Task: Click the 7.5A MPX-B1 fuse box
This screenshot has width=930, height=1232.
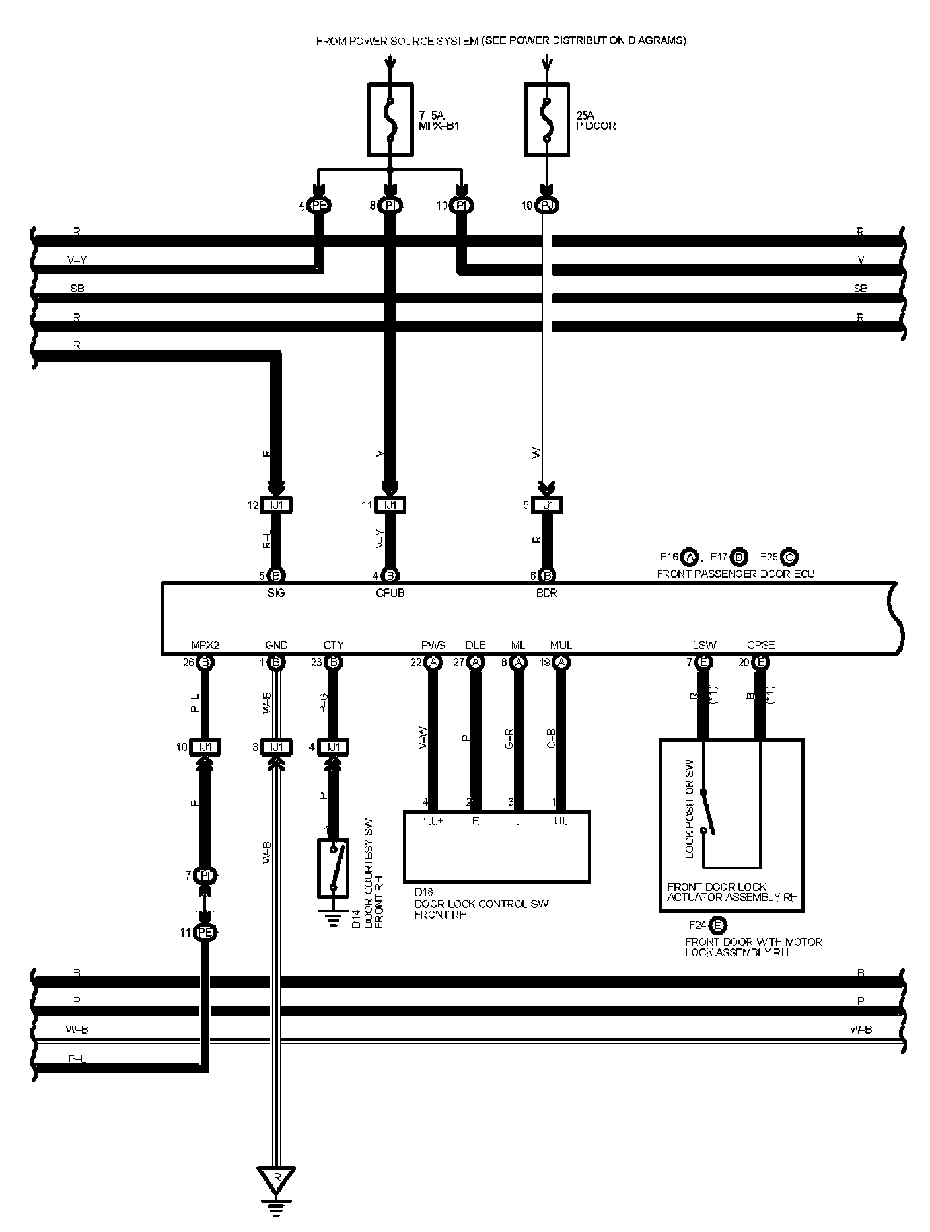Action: (390, 119)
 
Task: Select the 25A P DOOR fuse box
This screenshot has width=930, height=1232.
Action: (546, 119)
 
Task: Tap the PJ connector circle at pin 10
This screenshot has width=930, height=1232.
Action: (547, 206)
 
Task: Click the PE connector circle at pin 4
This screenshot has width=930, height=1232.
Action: (320, 206)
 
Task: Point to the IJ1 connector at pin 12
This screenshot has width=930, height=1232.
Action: (277, 505)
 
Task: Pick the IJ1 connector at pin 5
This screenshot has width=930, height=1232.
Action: (547, 505)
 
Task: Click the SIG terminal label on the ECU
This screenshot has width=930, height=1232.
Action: (276, 593)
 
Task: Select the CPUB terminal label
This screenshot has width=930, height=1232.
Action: (390, 593)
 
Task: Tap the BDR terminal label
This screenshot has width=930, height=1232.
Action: (547, 593)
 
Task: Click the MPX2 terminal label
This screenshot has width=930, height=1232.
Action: (203, 645)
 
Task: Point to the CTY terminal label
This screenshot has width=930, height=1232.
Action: (334, 645)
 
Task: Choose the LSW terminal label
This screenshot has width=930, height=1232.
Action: (704, 645)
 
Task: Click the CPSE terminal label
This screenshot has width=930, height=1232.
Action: (761, 645)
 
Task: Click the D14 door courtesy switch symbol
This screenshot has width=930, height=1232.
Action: (334, 868)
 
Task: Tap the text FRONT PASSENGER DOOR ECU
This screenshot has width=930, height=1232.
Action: (735, 574)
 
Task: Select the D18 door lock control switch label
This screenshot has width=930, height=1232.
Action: (481, 904)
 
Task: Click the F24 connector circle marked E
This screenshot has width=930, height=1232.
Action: (718, 925)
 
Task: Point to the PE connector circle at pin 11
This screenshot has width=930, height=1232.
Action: (205, 933)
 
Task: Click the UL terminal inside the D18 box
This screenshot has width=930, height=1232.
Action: (561, 821)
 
